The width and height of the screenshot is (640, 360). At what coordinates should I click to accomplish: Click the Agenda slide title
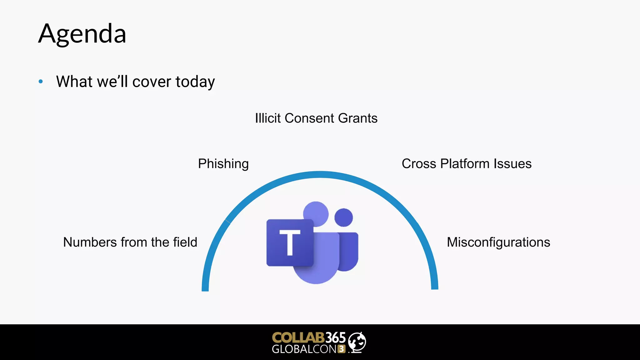point(82,34)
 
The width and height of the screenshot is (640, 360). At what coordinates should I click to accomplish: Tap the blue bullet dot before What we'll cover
point(41,82)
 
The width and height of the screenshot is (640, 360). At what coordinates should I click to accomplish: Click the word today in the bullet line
point(195,82)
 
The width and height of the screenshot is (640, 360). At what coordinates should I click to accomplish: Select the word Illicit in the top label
point(268,118)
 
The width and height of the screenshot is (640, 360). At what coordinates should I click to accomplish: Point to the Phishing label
point(223,164)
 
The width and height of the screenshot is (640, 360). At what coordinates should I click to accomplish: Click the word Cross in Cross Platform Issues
point(419,164)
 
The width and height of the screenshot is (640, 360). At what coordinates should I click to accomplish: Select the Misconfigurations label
point(498,242)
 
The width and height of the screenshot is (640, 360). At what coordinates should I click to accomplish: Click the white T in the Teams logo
point(290,242)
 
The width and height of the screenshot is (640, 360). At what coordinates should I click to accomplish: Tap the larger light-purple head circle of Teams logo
point(316,213)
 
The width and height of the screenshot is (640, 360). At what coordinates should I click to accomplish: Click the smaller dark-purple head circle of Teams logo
point(343,217)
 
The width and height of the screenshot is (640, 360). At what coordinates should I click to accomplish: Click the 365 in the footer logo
point(335,337)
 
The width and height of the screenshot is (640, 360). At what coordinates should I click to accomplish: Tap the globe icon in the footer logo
point(357,342)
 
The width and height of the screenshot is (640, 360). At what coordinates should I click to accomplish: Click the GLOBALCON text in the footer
point(304,349)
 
